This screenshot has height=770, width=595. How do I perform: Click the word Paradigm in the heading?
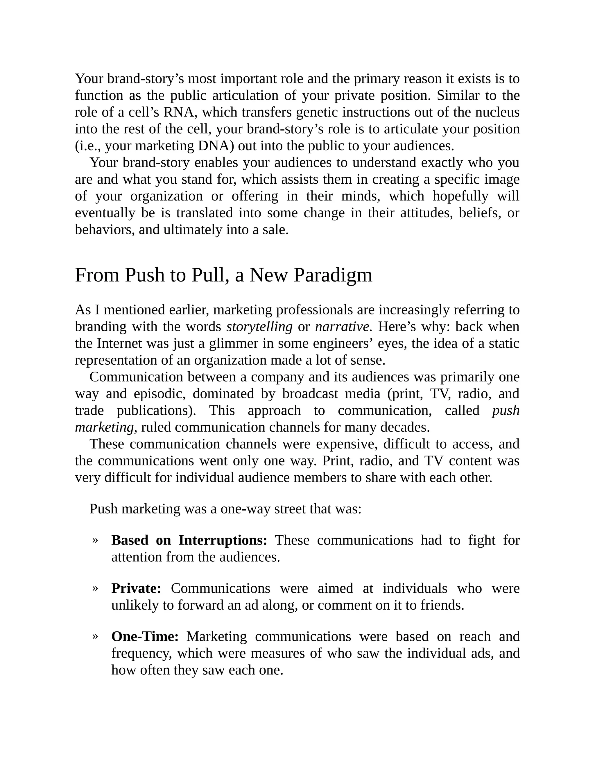332,276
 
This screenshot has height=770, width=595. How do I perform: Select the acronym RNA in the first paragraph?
179,112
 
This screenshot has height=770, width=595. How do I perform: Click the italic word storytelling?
259,327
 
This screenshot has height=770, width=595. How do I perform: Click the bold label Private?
136,588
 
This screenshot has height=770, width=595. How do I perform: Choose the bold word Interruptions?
223,540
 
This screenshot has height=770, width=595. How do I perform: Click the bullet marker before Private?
95,588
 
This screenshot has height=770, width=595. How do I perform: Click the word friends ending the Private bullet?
442,605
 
